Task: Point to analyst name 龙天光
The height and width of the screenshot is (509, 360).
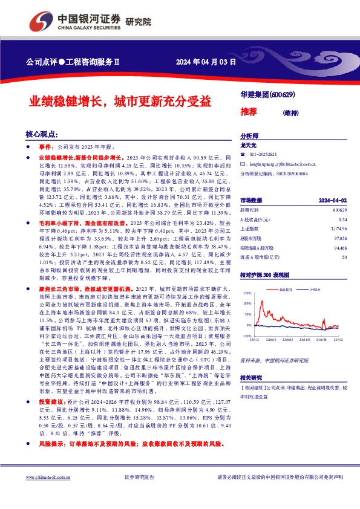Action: pyautogui.click(x=249, y=146)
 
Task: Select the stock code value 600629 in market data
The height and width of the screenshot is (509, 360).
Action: pyautogui.click(x=339, y=210)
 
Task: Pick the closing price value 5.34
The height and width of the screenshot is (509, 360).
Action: pyautogui.click(x=342, y=219)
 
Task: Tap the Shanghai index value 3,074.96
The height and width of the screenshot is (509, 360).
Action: pyautogui.click(x=338, y=229)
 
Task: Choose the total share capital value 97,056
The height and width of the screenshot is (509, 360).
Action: pyautogui.click(x=339, y=239)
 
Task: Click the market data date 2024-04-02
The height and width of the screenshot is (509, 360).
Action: pyautogui.click(x=333, y=200)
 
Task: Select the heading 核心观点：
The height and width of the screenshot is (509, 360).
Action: pyautogui.click(x=42, y=134)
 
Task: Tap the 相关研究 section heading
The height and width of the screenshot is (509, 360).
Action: pyautogui.click(x=253, y=377)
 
